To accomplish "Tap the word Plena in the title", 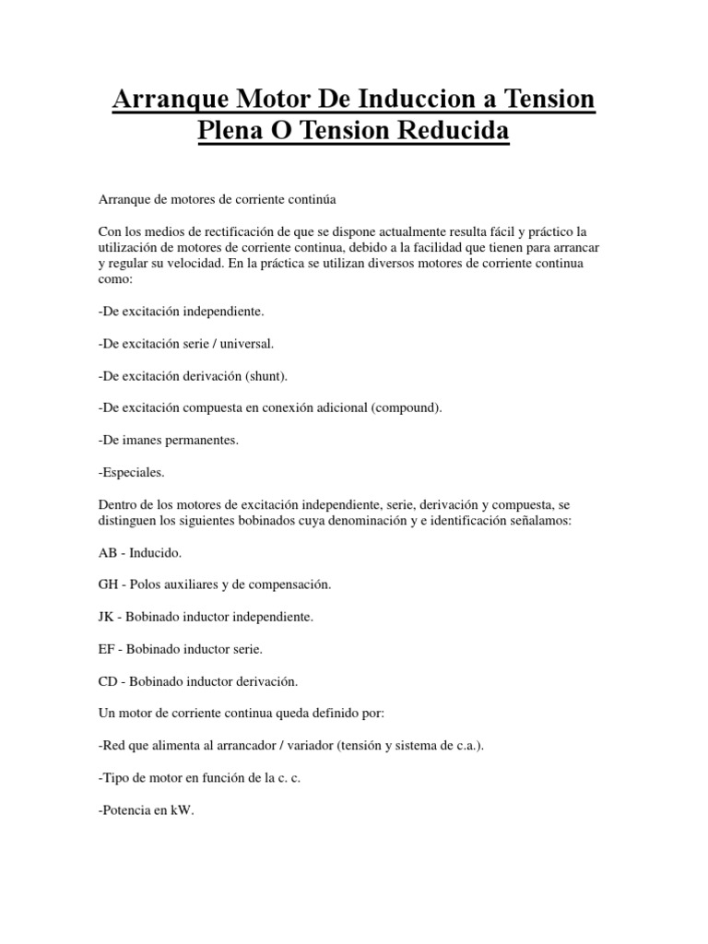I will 230,131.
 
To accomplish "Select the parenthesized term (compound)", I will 406,407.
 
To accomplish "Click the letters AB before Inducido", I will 107,552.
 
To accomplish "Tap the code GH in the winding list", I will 108,584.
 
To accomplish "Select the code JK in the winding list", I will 106,617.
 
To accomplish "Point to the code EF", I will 106,649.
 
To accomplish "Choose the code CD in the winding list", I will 107,681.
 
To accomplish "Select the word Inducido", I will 158,552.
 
